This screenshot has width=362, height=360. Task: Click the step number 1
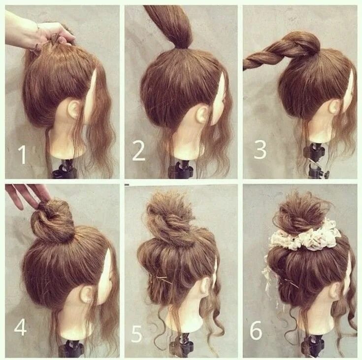pos(21,155)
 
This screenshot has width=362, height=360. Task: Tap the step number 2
pos(138,151)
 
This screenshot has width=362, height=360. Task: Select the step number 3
pos(260,149)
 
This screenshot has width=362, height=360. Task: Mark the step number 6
pos(256,331)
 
